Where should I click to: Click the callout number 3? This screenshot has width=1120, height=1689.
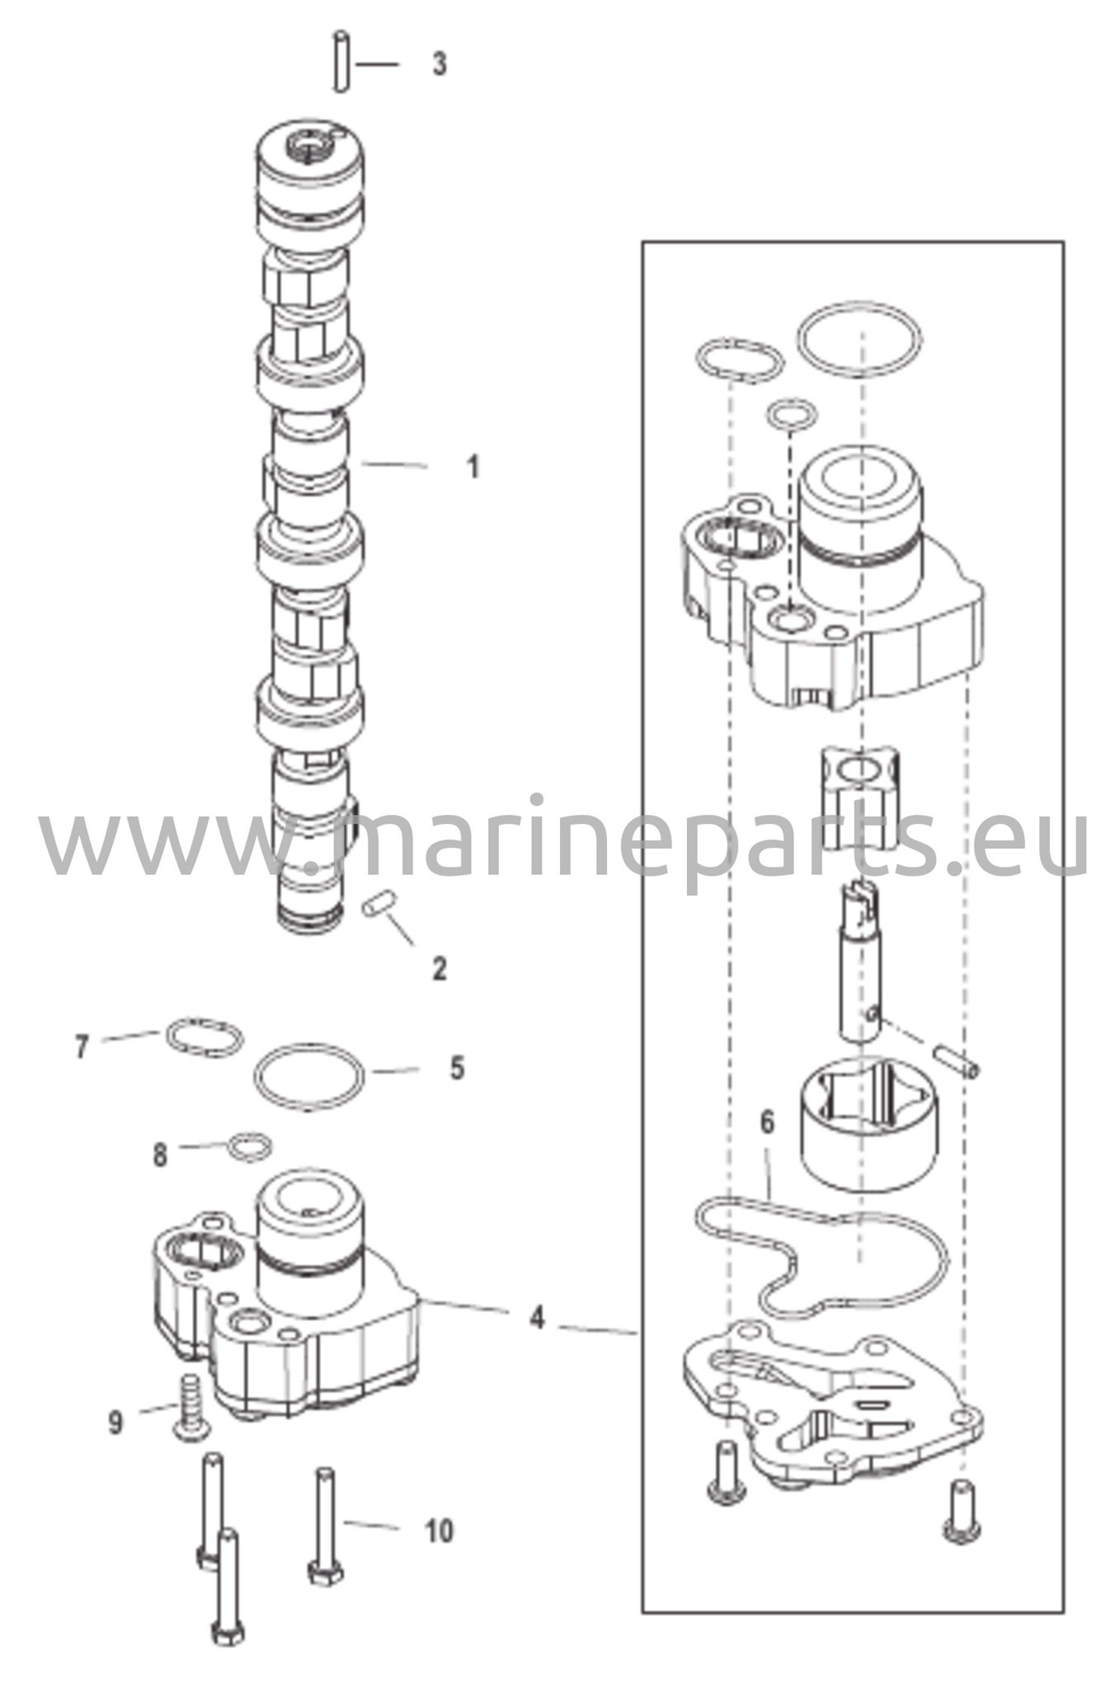[440, 64]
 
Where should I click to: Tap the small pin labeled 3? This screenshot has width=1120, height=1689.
[341, 62]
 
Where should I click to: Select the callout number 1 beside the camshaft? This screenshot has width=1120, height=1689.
[473, 468]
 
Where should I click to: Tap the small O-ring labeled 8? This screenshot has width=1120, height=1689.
[250, 1146]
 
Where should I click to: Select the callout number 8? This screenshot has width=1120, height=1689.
[160, 1155]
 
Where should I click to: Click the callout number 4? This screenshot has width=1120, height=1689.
[537, 1317]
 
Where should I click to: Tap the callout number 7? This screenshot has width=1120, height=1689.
[81, 1047]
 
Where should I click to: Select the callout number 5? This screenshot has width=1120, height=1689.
[457, 1069]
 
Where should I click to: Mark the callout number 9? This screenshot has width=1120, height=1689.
[115, 1422]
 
